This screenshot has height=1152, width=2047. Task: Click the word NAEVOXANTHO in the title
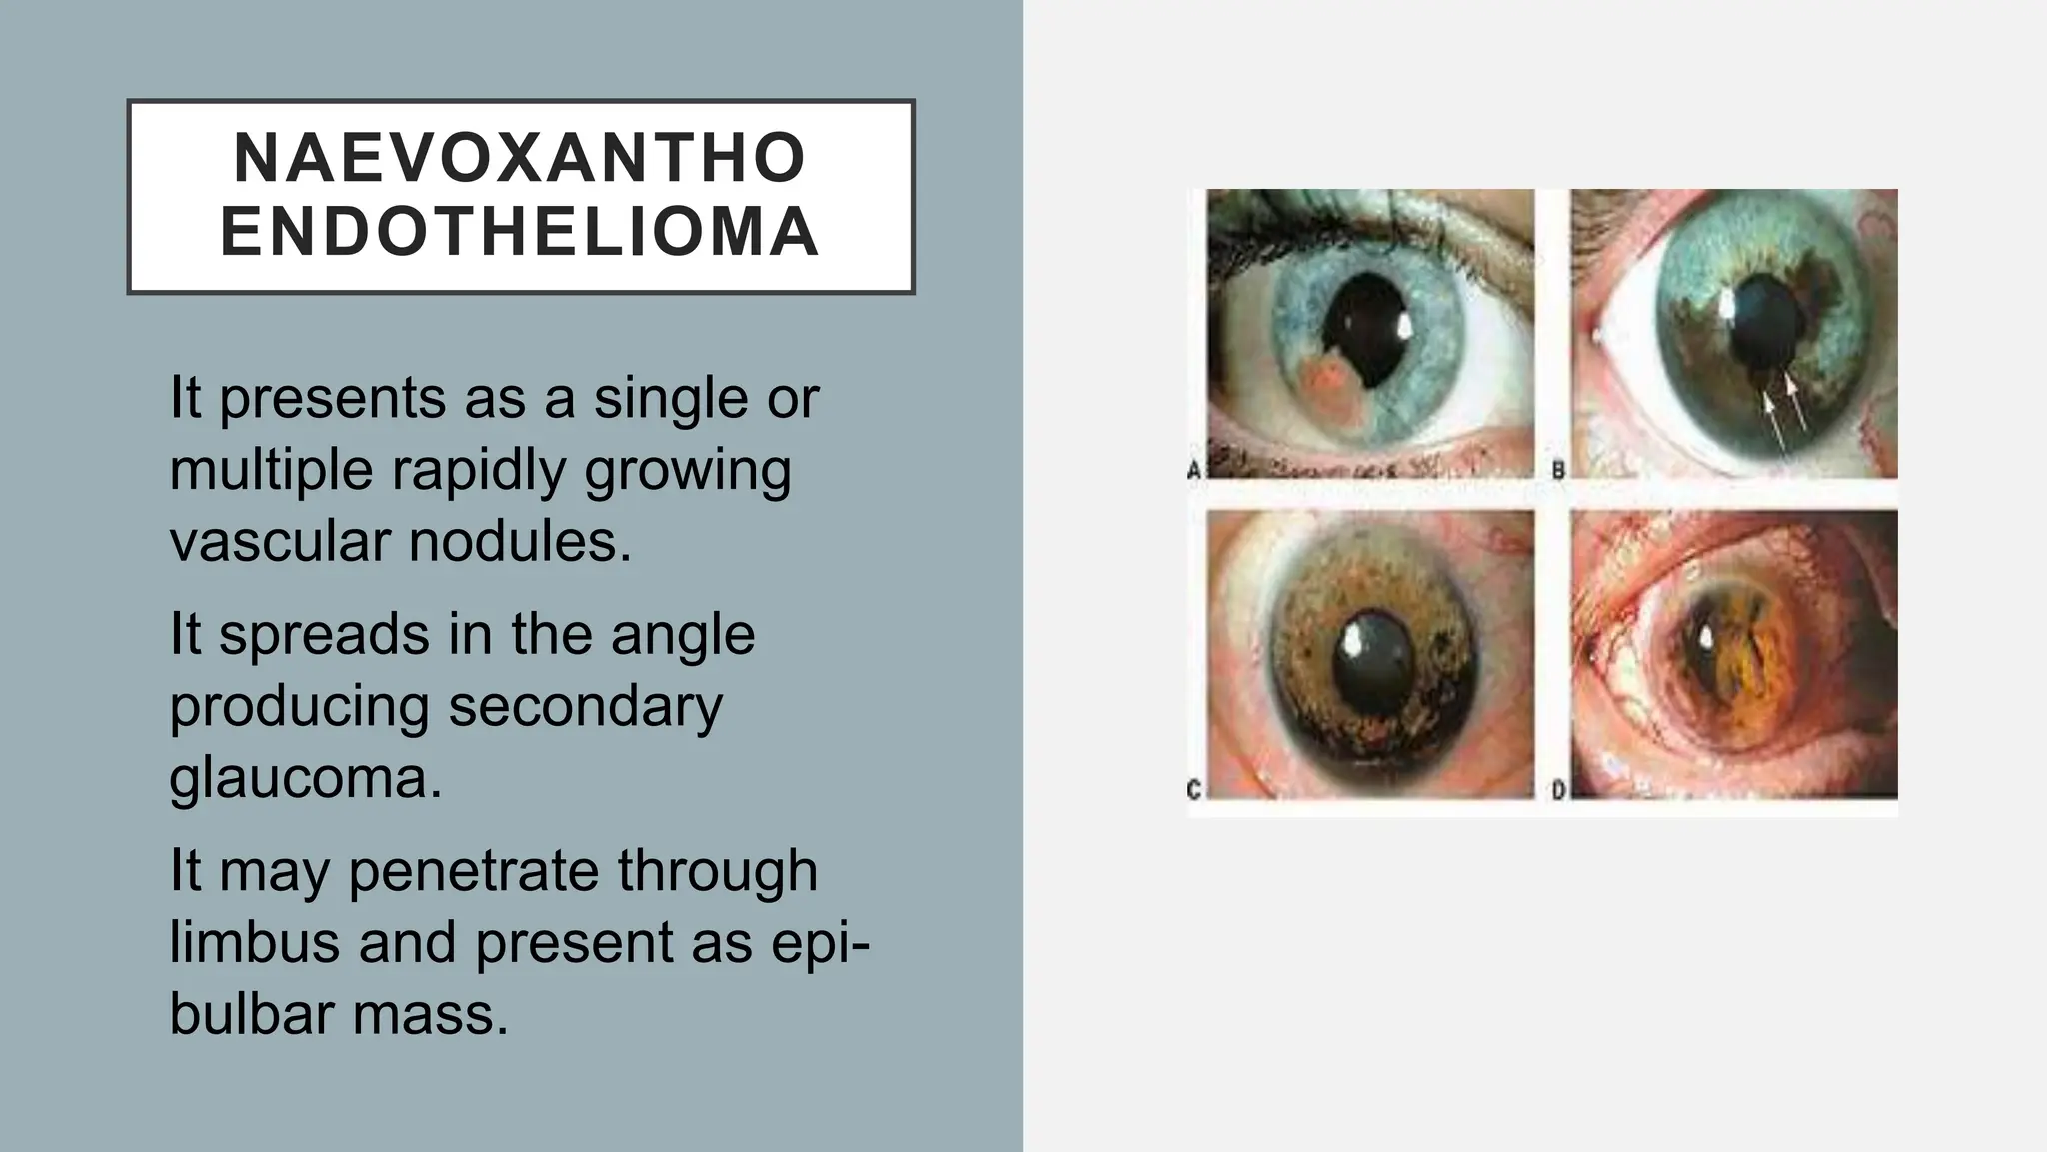pyautogui.click(x=520, y=158)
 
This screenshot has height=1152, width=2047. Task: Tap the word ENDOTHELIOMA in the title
pyautogui.click(x=520, y=232)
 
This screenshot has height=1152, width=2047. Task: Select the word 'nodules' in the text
pyautogui.click(x=520, y=542)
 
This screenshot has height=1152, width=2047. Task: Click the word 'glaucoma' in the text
pyautogui.click(x=305, y=778)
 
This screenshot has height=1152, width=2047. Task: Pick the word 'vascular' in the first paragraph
pyautogui.click(x=280, y=542)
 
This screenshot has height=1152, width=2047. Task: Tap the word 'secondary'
pyautogui.click(x=585, y=706)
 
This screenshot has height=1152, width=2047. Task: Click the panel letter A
pyautogui.click(x=1194, y=468)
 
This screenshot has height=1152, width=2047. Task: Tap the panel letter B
pyautogui.click(x=1558, y=468)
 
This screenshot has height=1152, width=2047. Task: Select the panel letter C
pyautogui.click(x=1194, y=789)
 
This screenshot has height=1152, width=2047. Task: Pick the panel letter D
pyautogui.click(x=1558, y=789)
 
